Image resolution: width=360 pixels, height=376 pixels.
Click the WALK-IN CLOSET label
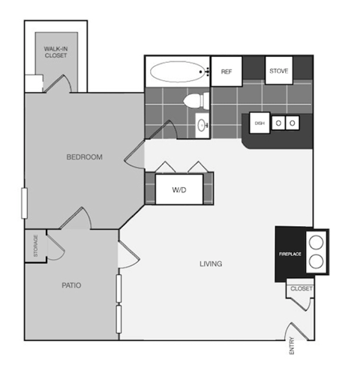[55, 52]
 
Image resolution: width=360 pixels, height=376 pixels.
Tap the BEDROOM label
[84, 157]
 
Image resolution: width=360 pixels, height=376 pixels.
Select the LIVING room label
[210, 264]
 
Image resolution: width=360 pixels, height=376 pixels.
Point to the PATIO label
[72, 285]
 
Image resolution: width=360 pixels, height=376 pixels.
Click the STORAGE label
[35, 246]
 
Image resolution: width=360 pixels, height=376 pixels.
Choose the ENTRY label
[291, 346]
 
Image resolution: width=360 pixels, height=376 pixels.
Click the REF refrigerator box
[226, 72]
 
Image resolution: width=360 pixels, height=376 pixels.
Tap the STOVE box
[279, 71]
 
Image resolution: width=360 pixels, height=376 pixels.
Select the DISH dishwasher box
[259, 123]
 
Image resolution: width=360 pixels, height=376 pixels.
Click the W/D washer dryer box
[179, 189]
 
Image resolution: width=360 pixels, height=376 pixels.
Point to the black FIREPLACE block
[289, 254]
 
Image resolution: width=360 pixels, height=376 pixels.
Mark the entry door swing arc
[298, 330]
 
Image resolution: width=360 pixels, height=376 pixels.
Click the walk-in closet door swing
[58, 83]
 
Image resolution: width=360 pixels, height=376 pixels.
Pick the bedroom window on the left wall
[25, 203]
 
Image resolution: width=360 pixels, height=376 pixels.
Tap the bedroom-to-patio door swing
[76, 220]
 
